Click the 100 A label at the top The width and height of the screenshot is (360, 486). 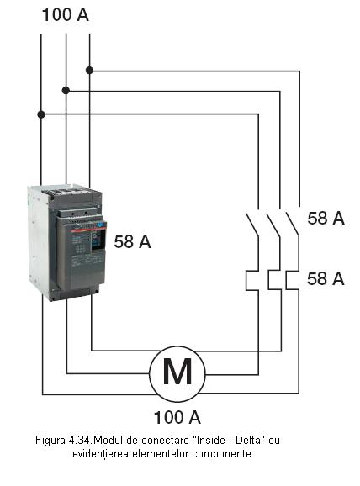65,15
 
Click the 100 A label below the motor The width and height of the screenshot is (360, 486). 177,417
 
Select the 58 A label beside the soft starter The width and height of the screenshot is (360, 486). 132,242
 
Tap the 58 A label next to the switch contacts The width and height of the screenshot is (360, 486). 326,218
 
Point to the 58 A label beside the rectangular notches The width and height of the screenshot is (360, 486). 326,278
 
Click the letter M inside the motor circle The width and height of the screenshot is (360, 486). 177,372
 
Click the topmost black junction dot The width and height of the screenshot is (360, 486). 89,71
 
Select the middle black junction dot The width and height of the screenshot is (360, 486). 66,91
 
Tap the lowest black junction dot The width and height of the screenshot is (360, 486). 41,114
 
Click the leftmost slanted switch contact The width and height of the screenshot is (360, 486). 252,225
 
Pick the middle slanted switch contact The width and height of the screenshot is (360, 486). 273,225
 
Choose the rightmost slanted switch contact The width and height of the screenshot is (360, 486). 293,225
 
